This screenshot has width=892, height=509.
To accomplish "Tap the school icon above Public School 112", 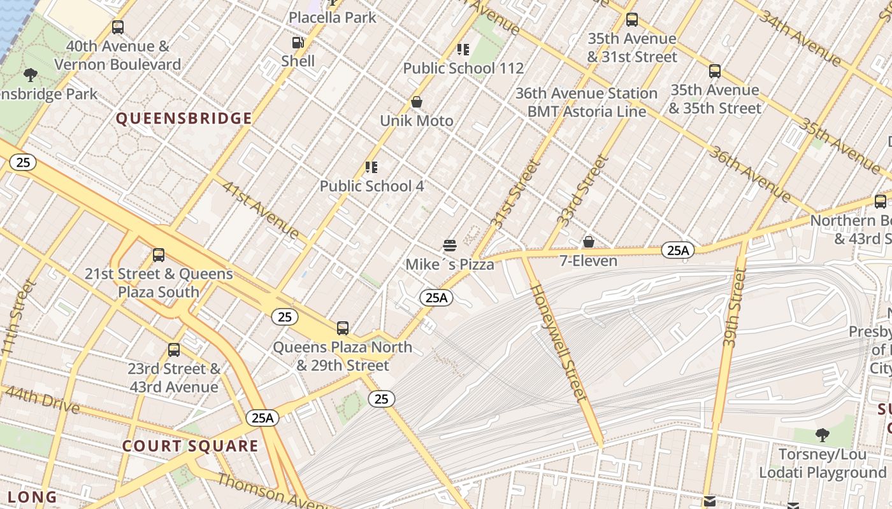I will [x=463, y=50].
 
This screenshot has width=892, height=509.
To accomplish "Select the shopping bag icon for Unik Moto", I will [x=417, y=102].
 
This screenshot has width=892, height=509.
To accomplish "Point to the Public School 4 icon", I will [x=371, y=167].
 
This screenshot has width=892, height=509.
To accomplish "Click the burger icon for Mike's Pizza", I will [x=450, y=246].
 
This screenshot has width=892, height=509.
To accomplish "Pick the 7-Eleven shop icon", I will [x=589, y=242].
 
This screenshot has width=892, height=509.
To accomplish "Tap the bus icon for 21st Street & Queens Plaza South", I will [x=159, y=255].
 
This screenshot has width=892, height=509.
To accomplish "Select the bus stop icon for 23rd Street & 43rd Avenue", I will [x=174, y=350].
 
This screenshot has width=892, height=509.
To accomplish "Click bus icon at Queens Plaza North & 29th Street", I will [x=343, y=328].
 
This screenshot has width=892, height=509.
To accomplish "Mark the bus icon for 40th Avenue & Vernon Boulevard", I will [x=118, y=27].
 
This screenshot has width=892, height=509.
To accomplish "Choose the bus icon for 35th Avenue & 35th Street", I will [x=715, y=71].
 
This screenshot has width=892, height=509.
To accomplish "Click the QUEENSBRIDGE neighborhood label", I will [x=184, y=118].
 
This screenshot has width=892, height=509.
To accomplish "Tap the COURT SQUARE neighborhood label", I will [x=191, y=446].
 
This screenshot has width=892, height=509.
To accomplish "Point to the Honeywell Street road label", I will [x=559, y=343].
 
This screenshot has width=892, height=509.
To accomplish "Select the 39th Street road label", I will [x=735, y=307].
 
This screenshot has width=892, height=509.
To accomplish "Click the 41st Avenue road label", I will [x=261, y=209].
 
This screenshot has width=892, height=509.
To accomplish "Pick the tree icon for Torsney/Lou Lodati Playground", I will [x=823, y=436].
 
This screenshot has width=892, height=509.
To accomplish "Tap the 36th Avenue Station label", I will [x=586, y=94].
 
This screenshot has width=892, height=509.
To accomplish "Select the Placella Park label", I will [x=333, y=17].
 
